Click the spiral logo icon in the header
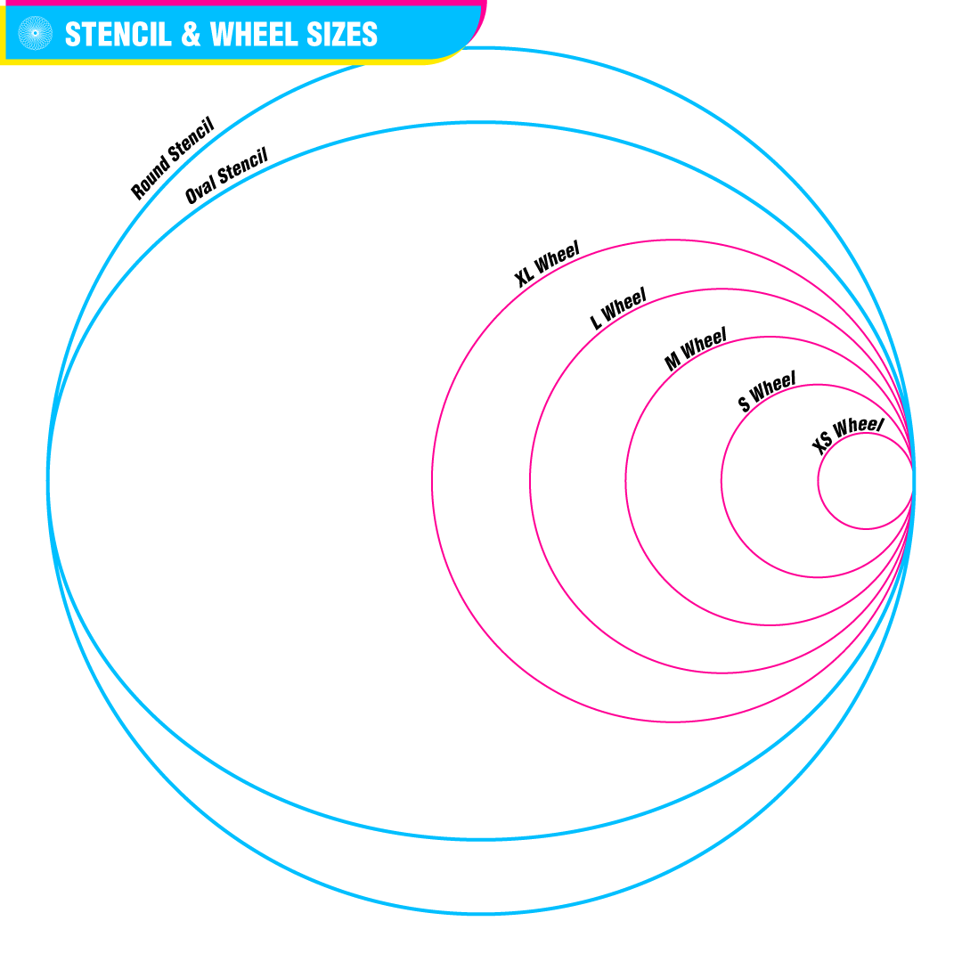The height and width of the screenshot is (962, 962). coord(36,33)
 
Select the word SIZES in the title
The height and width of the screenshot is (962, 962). coord(342,34)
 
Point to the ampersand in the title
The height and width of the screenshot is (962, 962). coord(191,34)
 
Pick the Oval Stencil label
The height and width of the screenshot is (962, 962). coord(226,176)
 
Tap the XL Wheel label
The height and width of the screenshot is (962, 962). coord(547,264)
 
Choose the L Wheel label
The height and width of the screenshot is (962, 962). coord(618,308)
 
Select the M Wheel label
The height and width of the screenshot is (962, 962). coord(696,349)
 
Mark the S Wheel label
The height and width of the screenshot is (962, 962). coord(767,391)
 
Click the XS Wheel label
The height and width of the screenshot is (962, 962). coord(847,435)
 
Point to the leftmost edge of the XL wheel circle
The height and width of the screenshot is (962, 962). coord(432,482)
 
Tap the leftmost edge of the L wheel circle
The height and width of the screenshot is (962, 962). coord(530,482)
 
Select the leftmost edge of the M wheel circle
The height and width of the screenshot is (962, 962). coord(625,482)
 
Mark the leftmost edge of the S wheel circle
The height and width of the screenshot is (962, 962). coord(721,482)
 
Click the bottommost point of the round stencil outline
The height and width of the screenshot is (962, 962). coord(481,914)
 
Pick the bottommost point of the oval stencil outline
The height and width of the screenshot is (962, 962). coord(481,839)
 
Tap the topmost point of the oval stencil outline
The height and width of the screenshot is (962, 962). coord(481,122)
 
